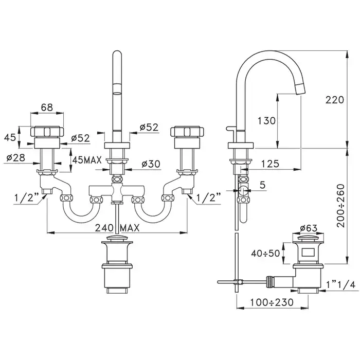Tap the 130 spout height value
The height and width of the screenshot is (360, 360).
coord(266,121)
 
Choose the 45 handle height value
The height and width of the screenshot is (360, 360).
coord(10,137)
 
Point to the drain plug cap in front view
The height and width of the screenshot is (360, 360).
coord(118,242)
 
